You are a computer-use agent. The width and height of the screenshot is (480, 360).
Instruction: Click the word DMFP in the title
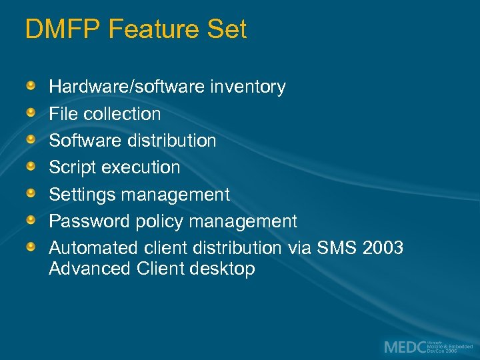[63, 29]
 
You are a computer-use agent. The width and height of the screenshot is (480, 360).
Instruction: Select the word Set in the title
[227, 29]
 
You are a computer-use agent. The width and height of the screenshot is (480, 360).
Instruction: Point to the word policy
[164, 221]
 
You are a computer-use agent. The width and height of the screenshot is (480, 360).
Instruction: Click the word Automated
[94, 248]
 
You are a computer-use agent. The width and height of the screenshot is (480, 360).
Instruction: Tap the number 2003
[383, 248]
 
